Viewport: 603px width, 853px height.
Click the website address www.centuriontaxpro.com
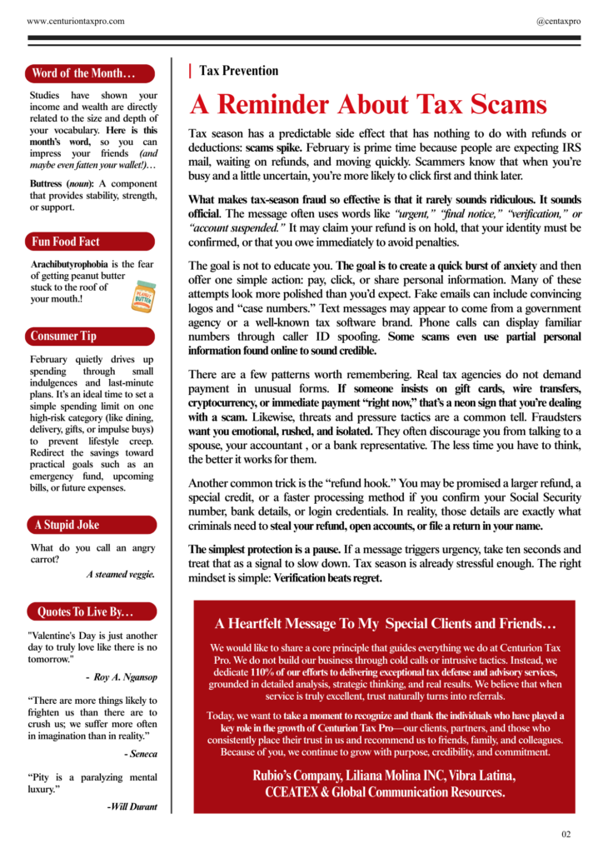pos(76,19)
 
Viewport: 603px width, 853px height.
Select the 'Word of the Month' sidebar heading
pos(82,73)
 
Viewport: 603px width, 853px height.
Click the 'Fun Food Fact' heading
pos(66,242)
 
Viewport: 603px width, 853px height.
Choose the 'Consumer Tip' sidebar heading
pos(64,336)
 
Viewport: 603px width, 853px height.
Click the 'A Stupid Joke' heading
pos(67,525)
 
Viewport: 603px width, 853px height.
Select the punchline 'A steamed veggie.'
pos(121,574)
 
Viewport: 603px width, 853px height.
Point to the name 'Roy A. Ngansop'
pos(126,677)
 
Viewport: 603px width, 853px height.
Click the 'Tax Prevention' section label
pos(238,71)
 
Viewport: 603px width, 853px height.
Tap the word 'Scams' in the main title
pos(504,105)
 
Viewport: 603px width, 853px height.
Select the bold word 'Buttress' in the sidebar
pos(45,182)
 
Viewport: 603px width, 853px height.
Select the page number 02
pos(566,834)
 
